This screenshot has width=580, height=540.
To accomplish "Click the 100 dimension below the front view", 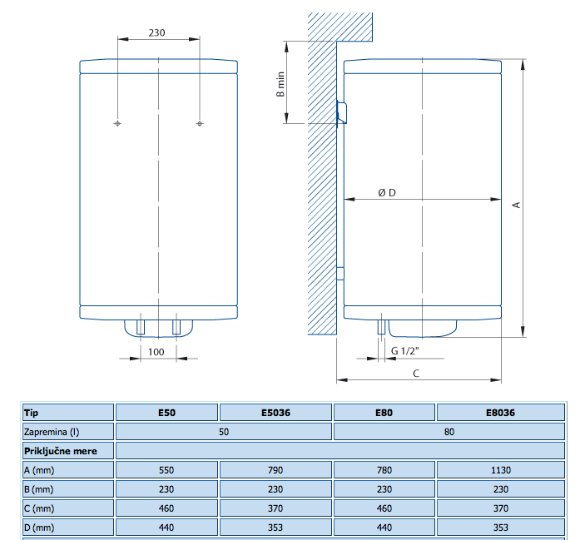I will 157,351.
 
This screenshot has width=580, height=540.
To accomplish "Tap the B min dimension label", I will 281,84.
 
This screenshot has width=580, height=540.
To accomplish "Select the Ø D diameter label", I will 387,192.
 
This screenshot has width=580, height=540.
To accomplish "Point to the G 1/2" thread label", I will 405,351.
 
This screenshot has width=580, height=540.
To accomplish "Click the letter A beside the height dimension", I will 516,204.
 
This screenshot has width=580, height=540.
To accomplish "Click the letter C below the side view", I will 416,374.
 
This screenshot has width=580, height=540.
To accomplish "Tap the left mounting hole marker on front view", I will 117,124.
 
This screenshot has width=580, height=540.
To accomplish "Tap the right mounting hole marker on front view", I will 199,124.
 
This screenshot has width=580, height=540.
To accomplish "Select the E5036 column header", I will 275,412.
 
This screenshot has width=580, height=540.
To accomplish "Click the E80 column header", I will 384,412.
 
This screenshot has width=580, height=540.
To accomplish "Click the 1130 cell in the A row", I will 500,470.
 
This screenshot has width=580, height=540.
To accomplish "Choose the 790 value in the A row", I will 275,470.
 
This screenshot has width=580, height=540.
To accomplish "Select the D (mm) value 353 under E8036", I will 500,528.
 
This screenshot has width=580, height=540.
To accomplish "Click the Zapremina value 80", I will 449,431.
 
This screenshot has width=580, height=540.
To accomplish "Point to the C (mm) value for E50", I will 166,508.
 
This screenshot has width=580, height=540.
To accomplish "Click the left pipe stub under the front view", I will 141,326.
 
